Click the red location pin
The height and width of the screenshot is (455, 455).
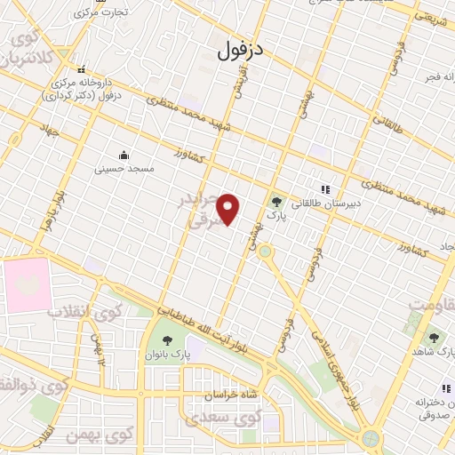229,209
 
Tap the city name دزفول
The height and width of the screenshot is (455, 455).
241,50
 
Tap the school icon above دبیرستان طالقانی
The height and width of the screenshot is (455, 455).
325,188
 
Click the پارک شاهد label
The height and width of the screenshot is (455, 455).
433,353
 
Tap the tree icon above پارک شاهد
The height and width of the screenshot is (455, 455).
433,339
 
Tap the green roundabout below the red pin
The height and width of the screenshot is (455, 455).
265,251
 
